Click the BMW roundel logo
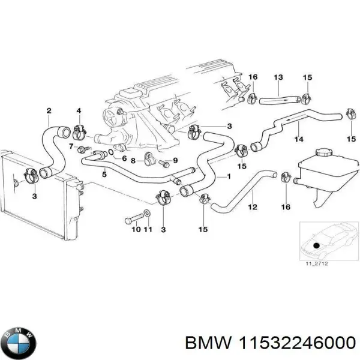(19, 343)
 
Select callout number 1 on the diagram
(228, 178)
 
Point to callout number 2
(49, 110)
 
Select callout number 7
(71, 146)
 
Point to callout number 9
(175, 160)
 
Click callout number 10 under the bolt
(135, 229)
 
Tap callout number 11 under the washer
(148, 229)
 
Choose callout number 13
(278, 77)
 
